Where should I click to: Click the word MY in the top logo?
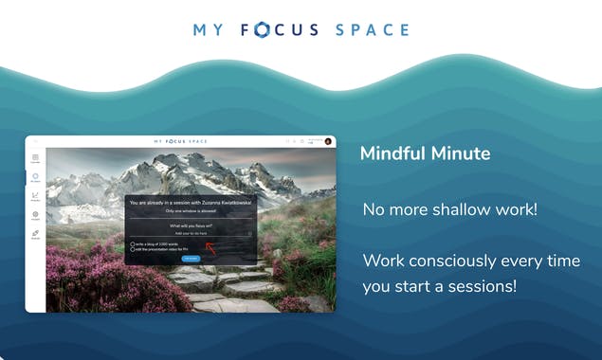coord(208,29)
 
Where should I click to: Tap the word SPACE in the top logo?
coord(373,29)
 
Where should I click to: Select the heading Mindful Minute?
coord(424,153)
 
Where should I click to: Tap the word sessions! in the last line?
coord(486,285)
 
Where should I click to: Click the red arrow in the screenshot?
coord(211,249)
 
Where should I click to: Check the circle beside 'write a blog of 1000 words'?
coord(132,243)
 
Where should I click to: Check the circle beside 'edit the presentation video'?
coord(132,249)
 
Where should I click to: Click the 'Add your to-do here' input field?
coord(191,233)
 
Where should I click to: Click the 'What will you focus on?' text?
coord(191,225)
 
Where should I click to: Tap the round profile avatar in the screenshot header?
coord(328,141)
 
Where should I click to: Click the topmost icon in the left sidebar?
coord(35,158)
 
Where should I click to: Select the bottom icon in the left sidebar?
coord(35,233)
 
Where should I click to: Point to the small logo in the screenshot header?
coord(190,141)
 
